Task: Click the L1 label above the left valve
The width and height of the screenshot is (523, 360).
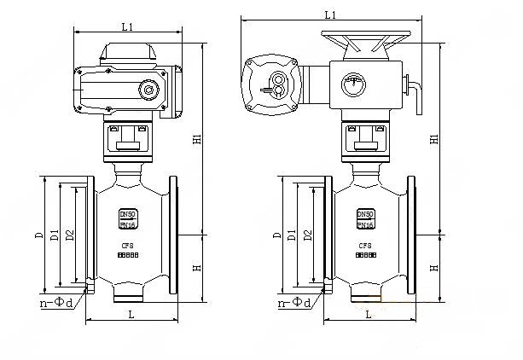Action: pos(126,27)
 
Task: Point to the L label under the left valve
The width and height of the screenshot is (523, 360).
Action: pos(130,315)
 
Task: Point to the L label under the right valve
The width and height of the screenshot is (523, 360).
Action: pos(368,315)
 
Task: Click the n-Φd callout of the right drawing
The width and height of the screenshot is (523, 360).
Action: pos(293,302)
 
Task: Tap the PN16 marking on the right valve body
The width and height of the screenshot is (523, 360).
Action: pos(365,225)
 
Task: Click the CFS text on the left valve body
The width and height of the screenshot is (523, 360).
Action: pos(127,244)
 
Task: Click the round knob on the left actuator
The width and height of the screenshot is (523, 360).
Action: pos(149,89)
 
